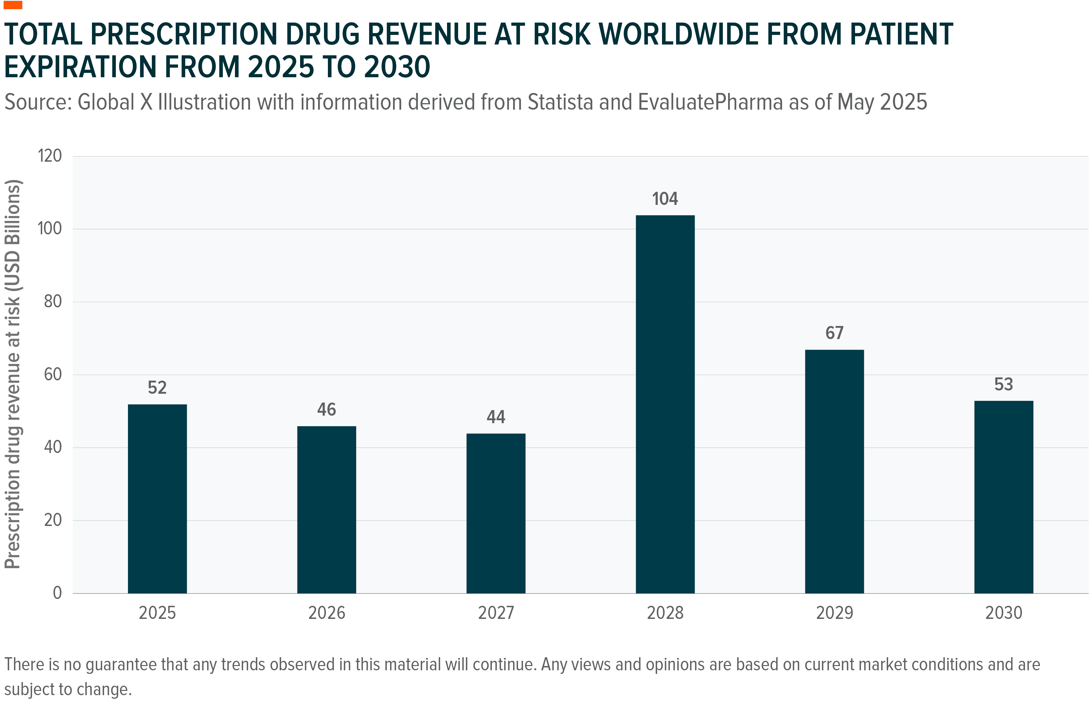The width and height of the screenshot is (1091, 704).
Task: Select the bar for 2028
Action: tap(665, 404)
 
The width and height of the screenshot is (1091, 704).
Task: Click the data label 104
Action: tap(665, 199)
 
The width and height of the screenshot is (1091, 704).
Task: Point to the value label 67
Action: tap(834, 333)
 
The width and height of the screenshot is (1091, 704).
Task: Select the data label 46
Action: tap(326, 409)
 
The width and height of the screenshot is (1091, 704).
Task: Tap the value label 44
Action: tap(495, 417)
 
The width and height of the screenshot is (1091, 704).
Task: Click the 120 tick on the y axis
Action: tap(49, 156)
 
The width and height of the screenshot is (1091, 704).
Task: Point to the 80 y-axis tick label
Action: tap(53, 302)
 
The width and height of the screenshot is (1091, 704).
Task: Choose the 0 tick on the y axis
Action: tap(57, 593)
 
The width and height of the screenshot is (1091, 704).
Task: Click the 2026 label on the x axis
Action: tap(326, 613)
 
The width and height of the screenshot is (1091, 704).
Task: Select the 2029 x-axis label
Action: tap(834, 613)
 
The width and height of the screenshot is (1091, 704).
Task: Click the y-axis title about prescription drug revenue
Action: tap(13, 374)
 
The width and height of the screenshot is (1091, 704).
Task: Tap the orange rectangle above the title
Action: tap(13, 5)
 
